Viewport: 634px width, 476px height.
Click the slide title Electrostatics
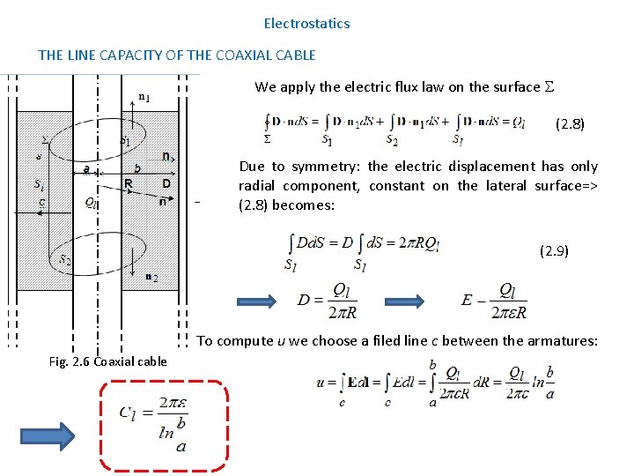point(306,24)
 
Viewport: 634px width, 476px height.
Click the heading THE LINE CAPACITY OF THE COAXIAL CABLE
point(176,55)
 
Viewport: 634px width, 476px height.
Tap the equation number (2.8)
point(569,124)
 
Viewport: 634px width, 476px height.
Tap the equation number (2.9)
point(554,251)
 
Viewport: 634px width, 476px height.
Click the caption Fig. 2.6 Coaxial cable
point(108,362)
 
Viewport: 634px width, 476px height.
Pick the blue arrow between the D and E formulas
point(412,300)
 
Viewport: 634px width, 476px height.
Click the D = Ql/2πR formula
point(327,300)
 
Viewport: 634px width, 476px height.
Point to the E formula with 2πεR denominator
point(494,301)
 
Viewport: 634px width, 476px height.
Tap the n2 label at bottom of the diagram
point(150,279)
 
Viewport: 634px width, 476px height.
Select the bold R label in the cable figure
point(129,183)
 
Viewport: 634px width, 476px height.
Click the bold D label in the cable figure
point(166,182)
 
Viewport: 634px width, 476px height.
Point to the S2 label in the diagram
point(65,259)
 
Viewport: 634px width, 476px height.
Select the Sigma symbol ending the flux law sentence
point(549,86)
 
